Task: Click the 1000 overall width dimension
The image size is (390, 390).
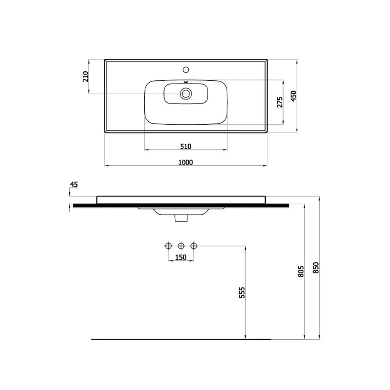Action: point(186,162)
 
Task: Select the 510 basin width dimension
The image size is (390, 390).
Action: point(186,147)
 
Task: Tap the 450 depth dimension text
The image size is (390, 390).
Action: point(294,96)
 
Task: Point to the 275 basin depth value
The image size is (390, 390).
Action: point(280,102)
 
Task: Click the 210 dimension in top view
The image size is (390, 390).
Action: point(85,76)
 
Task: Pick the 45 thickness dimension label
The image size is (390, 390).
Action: point(74,184)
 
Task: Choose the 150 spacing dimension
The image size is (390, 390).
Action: point(181,257)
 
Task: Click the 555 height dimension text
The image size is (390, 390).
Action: point(242,292)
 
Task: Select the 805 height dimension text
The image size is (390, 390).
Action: point(301,271)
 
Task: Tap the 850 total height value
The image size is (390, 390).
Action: point(316,268)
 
